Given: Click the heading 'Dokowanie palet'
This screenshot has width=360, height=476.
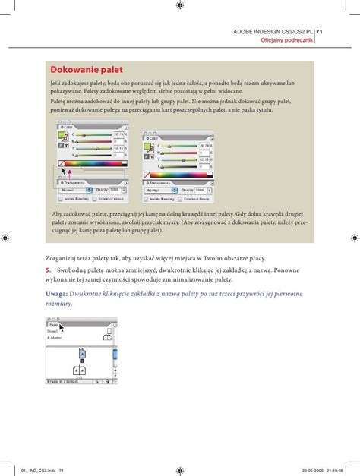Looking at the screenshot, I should point(81,70).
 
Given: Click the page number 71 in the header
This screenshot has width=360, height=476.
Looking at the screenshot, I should point(320,31).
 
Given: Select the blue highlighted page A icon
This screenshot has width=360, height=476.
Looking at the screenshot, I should point(81,355).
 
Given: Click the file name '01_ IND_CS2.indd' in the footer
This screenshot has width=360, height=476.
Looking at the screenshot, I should point(30,469).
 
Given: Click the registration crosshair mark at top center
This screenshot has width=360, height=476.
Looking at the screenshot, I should point(179,5).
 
